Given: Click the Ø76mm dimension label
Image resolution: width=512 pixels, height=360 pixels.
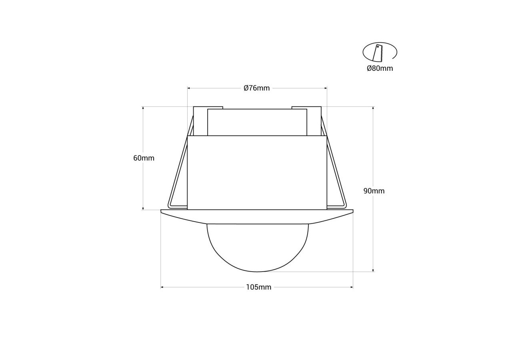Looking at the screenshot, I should click(257, 88).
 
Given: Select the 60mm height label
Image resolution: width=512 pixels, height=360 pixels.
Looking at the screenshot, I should click(144, 158).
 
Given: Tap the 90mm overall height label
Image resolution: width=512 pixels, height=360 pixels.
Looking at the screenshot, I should click(374, 191).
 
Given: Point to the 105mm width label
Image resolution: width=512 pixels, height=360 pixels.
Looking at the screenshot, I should click(258, 287).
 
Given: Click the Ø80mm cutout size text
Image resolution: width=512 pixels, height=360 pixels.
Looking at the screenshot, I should click(380, 68).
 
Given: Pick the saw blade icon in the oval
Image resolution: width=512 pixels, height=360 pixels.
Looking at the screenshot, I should click(378, 53).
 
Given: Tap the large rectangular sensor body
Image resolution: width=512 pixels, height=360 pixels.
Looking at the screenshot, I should click(257, 172).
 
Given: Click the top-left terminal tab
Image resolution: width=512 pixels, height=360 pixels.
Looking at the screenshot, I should click(200, 120).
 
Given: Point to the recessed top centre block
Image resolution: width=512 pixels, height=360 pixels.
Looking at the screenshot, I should click(257, 122).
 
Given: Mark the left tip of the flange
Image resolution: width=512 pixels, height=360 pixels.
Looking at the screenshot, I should click(162, 211).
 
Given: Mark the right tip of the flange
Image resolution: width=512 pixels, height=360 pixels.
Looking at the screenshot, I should click(352, 211).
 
